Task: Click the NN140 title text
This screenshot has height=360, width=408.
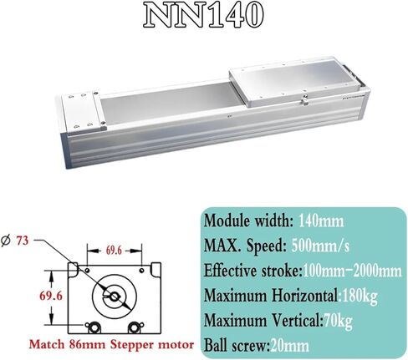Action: [203, 16]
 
